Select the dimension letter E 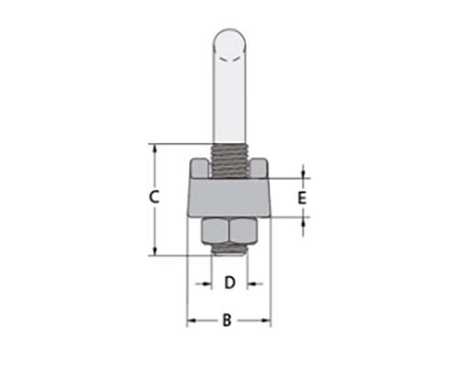click(302, 197)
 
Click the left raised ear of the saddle click(199, 168)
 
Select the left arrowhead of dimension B click(192, 320)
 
